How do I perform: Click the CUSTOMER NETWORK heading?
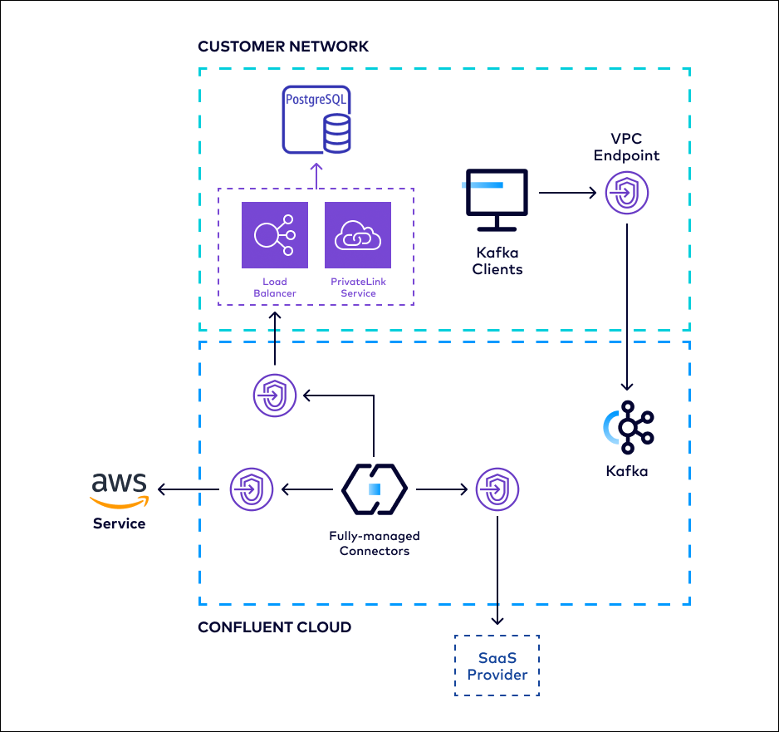pyautogui.click(x=283, y=47)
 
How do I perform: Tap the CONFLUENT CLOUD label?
pyautogui.click(x=274, y=627)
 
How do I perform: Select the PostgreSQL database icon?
pyautogui.click(x=316, y=119)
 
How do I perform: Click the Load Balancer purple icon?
pyautogui.click(x=275, y=235)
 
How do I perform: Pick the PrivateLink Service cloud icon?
pyautogui.click(x=358, y=235)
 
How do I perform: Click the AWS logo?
pyautogui.click(x=119, y=489)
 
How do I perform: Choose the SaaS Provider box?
pyautogui.click(x=497, y=666)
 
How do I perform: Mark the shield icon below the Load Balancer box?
pyautogui.click(x=275, y=395)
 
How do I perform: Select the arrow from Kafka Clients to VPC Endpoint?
pyautogui.click(x=567, y=194)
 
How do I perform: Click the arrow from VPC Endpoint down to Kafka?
pyautogui.click(x=626, y=307)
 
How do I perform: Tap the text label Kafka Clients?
pyautogui.click(x=497, y=262)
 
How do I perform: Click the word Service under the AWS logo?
pyautogui.click(x=119, y=523)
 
